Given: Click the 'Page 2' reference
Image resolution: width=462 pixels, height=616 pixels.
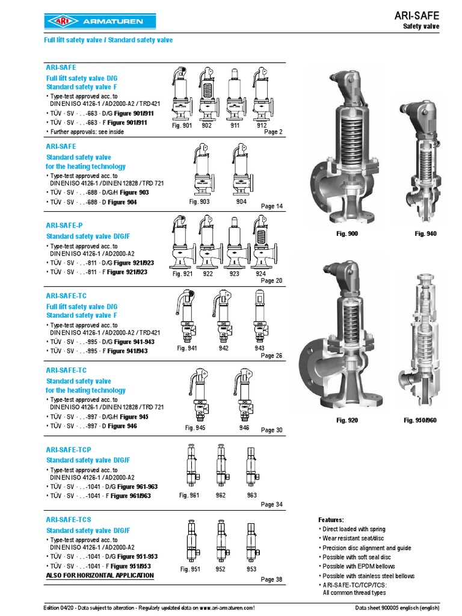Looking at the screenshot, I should (x=273, y=132).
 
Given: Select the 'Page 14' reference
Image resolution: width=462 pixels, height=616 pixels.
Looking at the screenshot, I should (x=271, y=206).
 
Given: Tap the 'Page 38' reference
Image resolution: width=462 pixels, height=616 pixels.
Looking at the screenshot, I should (x=271, y=579).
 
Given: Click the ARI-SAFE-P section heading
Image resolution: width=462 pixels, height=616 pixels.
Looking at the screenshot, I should (x=64, y=224).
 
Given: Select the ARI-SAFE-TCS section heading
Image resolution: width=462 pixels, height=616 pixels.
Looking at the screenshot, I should (x=69, y=519).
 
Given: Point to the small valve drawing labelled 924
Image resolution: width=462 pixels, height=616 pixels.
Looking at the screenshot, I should (x=260, y=243).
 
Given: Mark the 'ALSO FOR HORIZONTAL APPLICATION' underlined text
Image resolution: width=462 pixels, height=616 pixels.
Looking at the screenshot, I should (x=100, y=576).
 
